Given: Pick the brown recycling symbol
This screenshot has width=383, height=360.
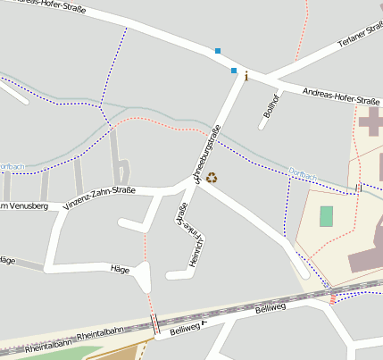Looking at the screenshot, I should pos(212,177).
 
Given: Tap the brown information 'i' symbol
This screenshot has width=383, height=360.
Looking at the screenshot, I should pos(246,77).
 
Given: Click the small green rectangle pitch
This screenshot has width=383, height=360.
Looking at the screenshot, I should pos(326,215).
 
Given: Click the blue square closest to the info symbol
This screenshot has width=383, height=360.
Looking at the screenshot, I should pos(234,70).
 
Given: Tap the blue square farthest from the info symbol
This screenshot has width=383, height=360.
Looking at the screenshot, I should pos(217,51).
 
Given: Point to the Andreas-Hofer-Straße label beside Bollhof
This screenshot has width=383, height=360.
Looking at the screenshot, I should pos(341,97).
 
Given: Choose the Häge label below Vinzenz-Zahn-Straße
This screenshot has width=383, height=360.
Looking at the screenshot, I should pos(120,268).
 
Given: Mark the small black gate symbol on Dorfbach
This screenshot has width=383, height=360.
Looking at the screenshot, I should pos(358,188).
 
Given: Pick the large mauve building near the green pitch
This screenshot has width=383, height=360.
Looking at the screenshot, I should pos(366,255).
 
